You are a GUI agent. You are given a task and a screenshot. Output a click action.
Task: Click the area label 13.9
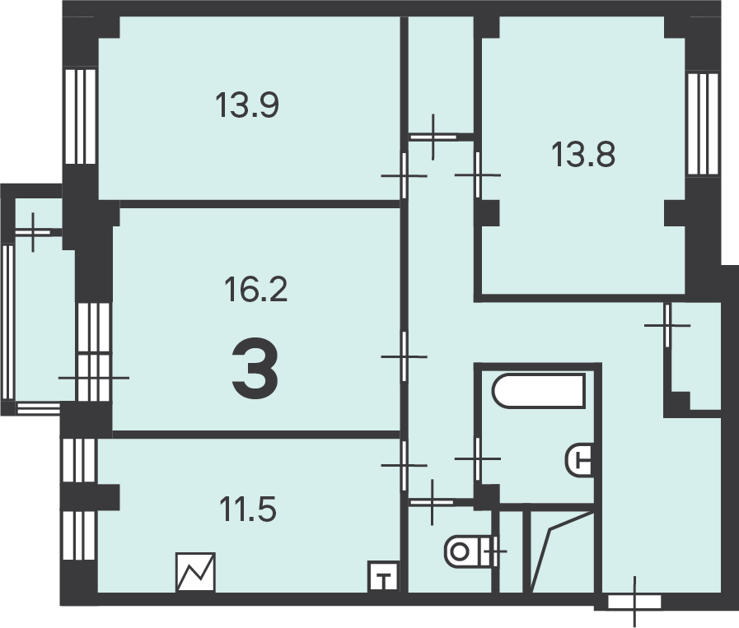[x=247, y=105]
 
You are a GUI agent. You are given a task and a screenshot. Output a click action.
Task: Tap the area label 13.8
[x=583, y=155]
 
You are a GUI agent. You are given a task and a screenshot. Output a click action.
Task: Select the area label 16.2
[x=255, y=289]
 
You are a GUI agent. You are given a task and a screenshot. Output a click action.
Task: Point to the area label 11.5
[x=248, y=509]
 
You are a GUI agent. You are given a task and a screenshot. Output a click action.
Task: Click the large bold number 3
[x=255, y=369]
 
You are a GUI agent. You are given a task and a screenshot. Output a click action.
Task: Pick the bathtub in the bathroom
[x=539, y=390]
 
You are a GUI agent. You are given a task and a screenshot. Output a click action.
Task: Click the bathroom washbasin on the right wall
[x=579, y=460]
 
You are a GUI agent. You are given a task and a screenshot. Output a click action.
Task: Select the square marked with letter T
[x=383, y=576]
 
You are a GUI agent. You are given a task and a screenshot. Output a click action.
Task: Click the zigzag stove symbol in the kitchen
[x=195, y=572]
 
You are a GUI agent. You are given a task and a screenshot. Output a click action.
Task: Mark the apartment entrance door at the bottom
[x=634, y=602]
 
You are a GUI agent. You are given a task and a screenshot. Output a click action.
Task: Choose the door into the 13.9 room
[x=404, y=175]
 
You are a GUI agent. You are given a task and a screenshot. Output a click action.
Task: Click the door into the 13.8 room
[x=478, y=174]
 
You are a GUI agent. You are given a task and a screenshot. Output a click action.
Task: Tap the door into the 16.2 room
[x=404, y=356]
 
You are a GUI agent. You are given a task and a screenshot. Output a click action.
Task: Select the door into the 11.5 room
[x=404, y=465]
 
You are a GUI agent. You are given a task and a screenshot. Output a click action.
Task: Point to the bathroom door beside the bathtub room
[x=478, y=458]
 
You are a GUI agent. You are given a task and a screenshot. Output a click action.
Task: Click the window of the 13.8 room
[x=703, y=124]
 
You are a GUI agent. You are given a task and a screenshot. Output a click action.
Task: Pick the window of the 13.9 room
[x=80, y=116]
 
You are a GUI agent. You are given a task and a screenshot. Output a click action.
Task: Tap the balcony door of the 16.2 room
[x=93, y=378]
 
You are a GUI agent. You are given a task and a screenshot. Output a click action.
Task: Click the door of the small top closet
[x=433, y=137]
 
